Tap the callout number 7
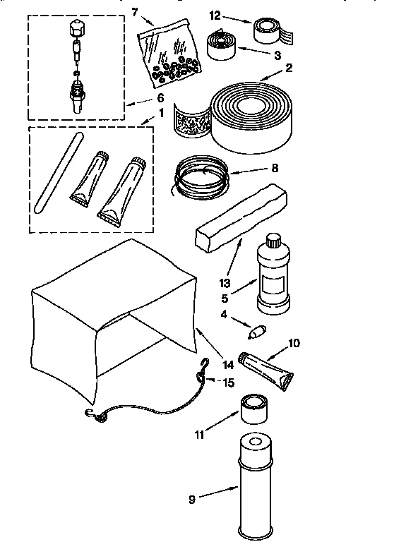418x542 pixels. (x=136, y=12)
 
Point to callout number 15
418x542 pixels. (x=228, y=383)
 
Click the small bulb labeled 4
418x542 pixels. (x=258, y=330)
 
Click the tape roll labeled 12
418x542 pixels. (x=270, y=28)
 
